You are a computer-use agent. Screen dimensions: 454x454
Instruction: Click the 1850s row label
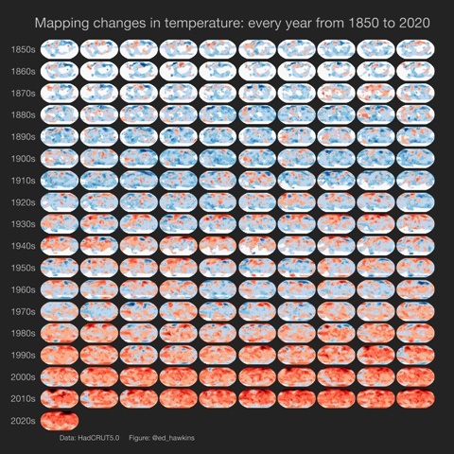tap(23, 48)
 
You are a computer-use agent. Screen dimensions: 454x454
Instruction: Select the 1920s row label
tap(23, 202)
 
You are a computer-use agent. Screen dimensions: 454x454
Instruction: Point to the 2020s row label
tap(23, 420)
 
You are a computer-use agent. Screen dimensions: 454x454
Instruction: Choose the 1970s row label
tap(23, 311)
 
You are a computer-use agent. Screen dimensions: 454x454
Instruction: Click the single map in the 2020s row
tap(60, 419)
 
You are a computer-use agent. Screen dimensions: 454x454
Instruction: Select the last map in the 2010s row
tap(415, 397)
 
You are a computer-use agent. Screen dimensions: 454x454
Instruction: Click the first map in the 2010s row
tap(60, 397)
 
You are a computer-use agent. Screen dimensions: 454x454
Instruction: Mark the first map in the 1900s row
tap(60, 157)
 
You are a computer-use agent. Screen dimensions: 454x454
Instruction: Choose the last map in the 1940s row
tap(415, 244)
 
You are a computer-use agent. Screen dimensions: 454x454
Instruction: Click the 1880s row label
tap(23, 114)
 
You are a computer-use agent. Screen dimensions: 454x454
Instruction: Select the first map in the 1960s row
tap(60, 288)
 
